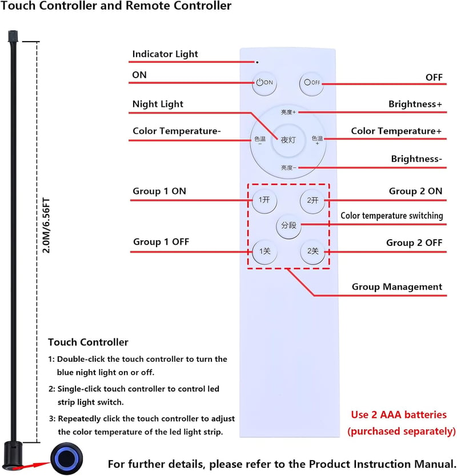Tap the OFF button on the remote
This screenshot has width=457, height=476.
coord(311,83)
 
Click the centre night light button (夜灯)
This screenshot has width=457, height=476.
coord(288,140)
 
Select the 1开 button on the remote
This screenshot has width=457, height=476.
coord(264,200)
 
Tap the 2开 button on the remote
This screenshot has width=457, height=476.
coord(312,200)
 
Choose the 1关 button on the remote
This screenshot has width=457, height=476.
coord(264,252)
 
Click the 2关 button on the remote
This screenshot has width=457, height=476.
coord(312,252)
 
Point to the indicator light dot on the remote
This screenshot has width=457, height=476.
coord(258,62)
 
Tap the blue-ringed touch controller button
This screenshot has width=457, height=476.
coord(66,458)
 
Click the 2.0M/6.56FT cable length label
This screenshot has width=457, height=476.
coord(46,225)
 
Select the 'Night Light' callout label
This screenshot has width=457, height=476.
coord(158,104)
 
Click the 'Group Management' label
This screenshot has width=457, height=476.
coord(397,287)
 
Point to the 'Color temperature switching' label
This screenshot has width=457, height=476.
coord(392,216)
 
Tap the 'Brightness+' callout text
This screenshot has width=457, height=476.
coord(415,104)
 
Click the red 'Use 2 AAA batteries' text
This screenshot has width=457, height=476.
coord(399,415)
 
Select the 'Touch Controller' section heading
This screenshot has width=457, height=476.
coord(88,342)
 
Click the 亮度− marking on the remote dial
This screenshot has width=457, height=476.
coord(288,168)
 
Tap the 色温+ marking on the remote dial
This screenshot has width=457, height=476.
coord(317,140)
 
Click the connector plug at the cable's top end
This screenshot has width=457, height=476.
coord(13,36)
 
